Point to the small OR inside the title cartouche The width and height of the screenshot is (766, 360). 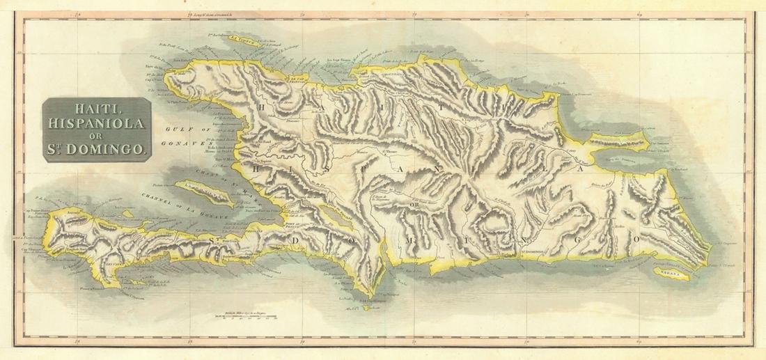(97, 136)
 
